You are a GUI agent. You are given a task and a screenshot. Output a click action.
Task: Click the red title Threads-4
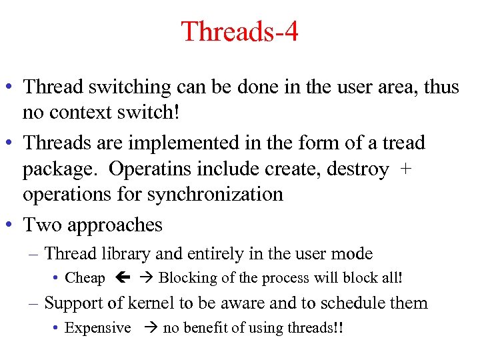[239, 31]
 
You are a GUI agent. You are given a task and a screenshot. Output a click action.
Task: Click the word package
[61, 169]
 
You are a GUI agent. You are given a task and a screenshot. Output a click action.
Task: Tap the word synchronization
[215, 194]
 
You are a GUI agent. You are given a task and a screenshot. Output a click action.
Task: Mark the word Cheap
[85, 278]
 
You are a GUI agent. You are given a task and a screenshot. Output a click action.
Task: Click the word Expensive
[97, 327]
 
